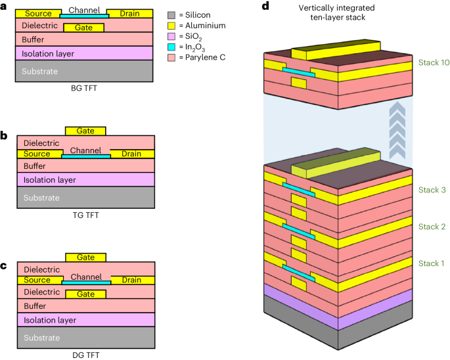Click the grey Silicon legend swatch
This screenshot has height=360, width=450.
click(x=170, y=13)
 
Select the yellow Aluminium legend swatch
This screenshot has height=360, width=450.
click(x=170, y=24)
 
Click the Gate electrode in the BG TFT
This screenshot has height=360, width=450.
click(x=84, y=28)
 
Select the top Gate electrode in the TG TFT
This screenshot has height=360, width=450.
click(x=85, y=131)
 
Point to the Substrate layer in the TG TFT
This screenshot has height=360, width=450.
click(x=85, y=198)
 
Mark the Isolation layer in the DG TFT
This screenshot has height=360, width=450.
click(x=85, y=319)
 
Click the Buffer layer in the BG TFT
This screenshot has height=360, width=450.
click(x=85, y=39)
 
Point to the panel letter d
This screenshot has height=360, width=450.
click(x=265, y=6)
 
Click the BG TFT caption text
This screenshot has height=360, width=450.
click(x=85, y=86)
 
